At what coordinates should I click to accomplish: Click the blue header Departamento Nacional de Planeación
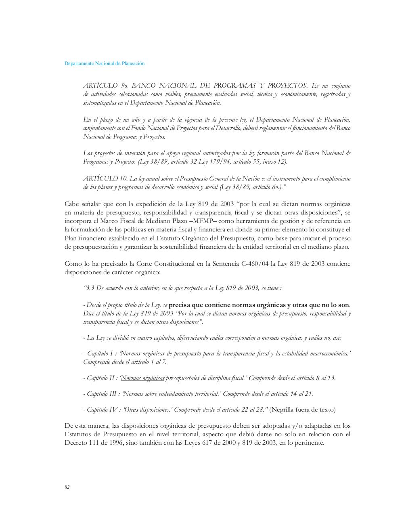click(x=105, y=63)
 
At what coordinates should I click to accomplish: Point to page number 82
click(x=67, y=487)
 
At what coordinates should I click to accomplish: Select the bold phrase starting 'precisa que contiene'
click(x=259, y=305)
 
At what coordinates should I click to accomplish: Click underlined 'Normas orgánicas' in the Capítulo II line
click(x=143, y=378)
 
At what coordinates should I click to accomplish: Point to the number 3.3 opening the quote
click(x=90, y=288)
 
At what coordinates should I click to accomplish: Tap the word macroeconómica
click(x=330, y=353)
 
